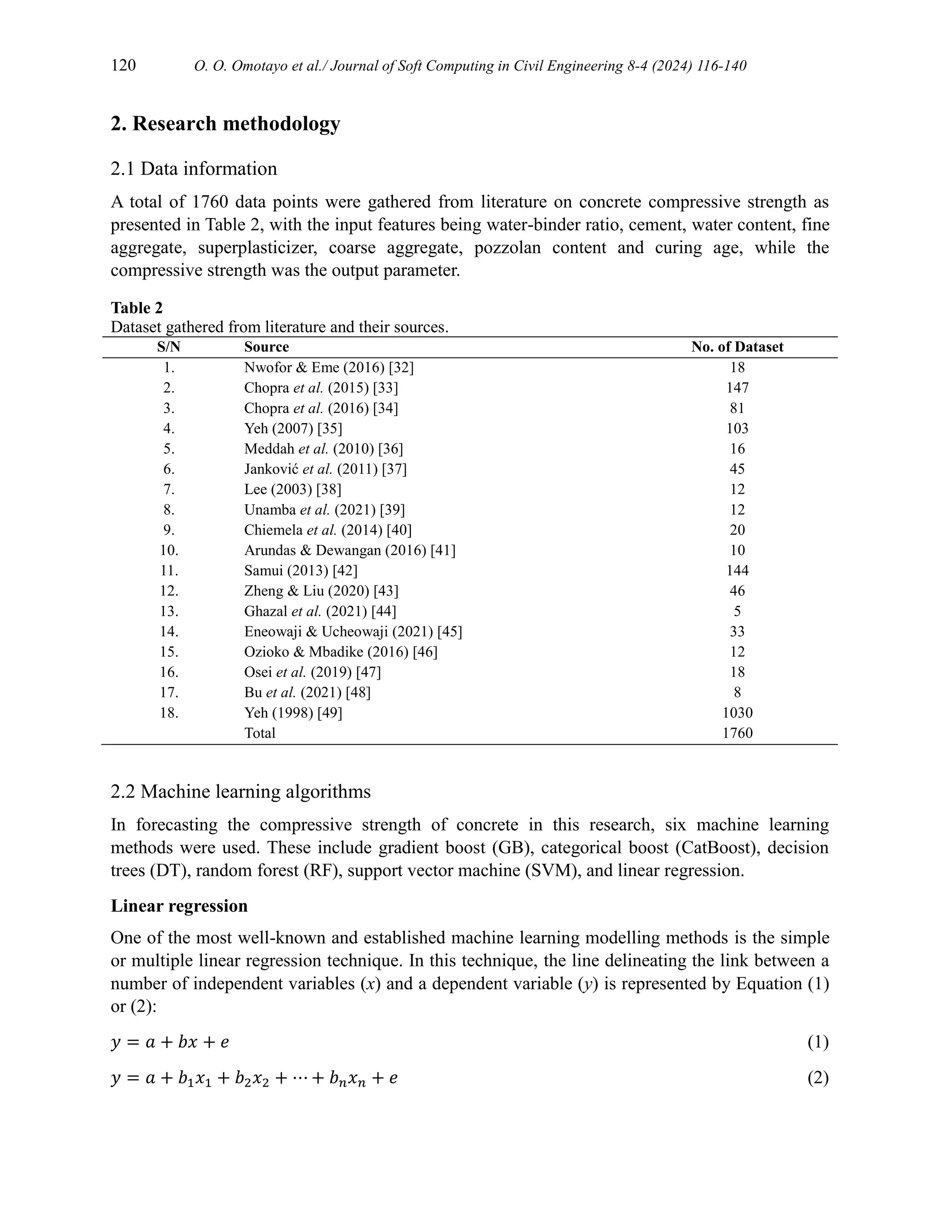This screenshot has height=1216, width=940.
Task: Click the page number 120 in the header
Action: point(123,66)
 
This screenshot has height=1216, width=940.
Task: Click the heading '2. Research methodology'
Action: point(225,123)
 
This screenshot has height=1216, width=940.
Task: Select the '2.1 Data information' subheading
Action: point(193,169)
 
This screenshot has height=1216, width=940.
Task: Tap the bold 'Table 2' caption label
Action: point(136,308)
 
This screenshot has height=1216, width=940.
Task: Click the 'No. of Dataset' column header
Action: point(737,347)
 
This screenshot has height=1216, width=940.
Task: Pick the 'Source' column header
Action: point(266,347)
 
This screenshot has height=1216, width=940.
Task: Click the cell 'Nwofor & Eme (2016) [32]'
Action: point(329,368)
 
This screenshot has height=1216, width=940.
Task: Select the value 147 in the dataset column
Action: point(737,388)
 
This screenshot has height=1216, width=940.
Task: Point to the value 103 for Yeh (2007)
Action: point(737,428)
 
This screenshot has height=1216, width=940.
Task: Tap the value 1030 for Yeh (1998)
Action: point(737,713)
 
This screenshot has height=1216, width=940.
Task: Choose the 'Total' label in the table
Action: point(259,733)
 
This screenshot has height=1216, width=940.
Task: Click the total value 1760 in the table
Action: point(737,733)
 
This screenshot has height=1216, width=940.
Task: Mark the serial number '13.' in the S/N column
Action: point(169,611)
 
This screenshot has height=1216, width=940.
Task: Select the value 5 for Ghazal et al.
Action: point(737,611)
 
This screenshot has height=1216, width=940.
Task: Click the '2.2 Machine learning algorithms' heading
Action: point(240,791)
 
